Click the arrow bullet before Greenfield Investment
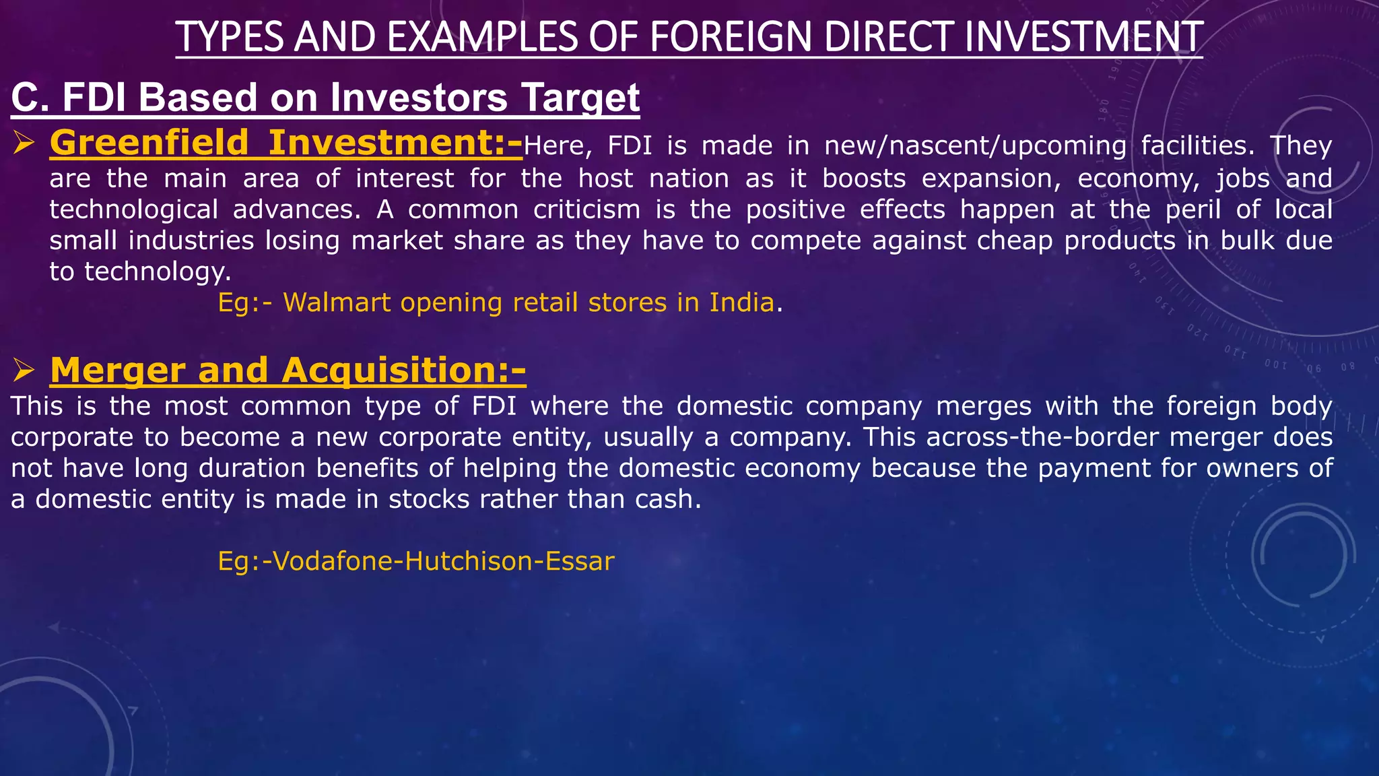coord(24,143)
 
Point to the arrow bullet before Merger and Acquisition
coord(24,370)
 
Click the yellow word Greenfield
coord(149,143)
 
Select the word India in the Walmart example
coord(741,302)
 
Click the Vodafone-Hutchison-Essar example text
coord(416,561)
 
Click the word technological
coord(134,209)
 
